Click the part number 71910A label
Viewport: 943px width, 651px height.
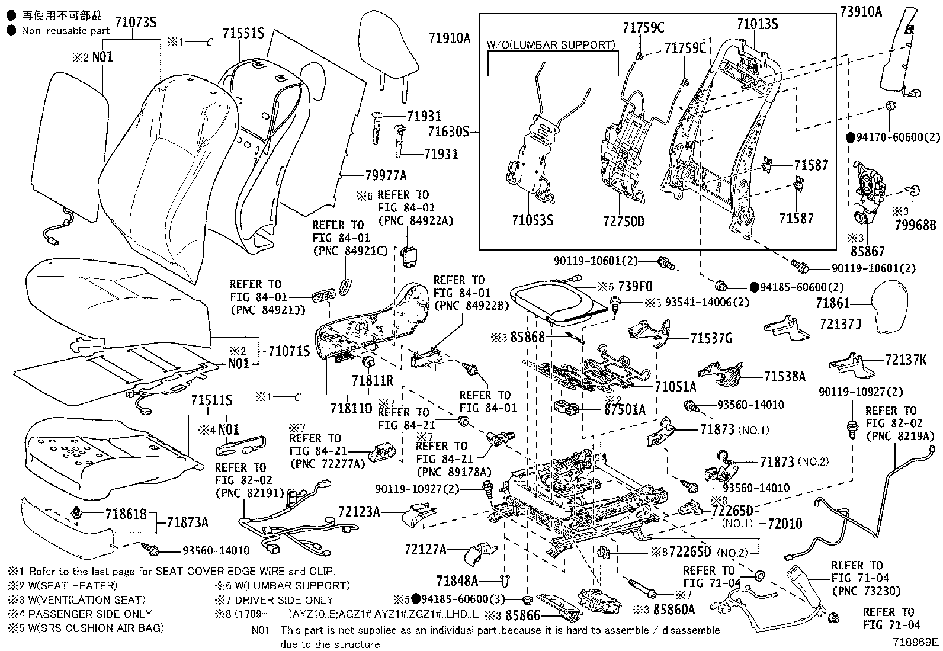pos(449,39)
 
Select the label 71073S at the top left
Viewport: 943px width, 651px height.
pos(136,23)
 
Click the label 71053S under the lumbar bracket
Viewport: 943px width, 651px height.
pos(533,221)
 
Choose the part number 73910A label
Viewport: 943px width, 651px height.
pos(861,10)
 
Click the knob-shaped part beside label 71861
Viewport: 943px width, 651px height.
pos(895,306)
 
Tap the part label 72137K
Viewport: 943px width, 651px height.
pos(906,360)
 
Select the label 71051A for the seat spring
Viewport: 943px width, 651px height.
pos(675,387)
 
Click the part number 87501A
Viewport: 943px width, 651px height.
pos(625,409)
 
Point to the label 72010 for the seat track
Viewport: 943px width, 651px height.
pos(785,524)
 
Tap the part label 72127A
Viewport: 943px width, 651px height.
pos(426,550)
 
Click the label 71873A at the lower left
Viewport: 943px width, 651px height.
pos(187,522)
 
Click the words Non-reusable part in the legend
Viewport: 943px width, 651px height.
pos(66,30)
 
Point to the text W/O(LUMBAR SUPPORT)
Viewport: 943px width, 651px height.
pos(551,44)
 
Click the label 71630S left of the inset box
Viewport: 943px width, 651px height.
pos(448,132)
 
